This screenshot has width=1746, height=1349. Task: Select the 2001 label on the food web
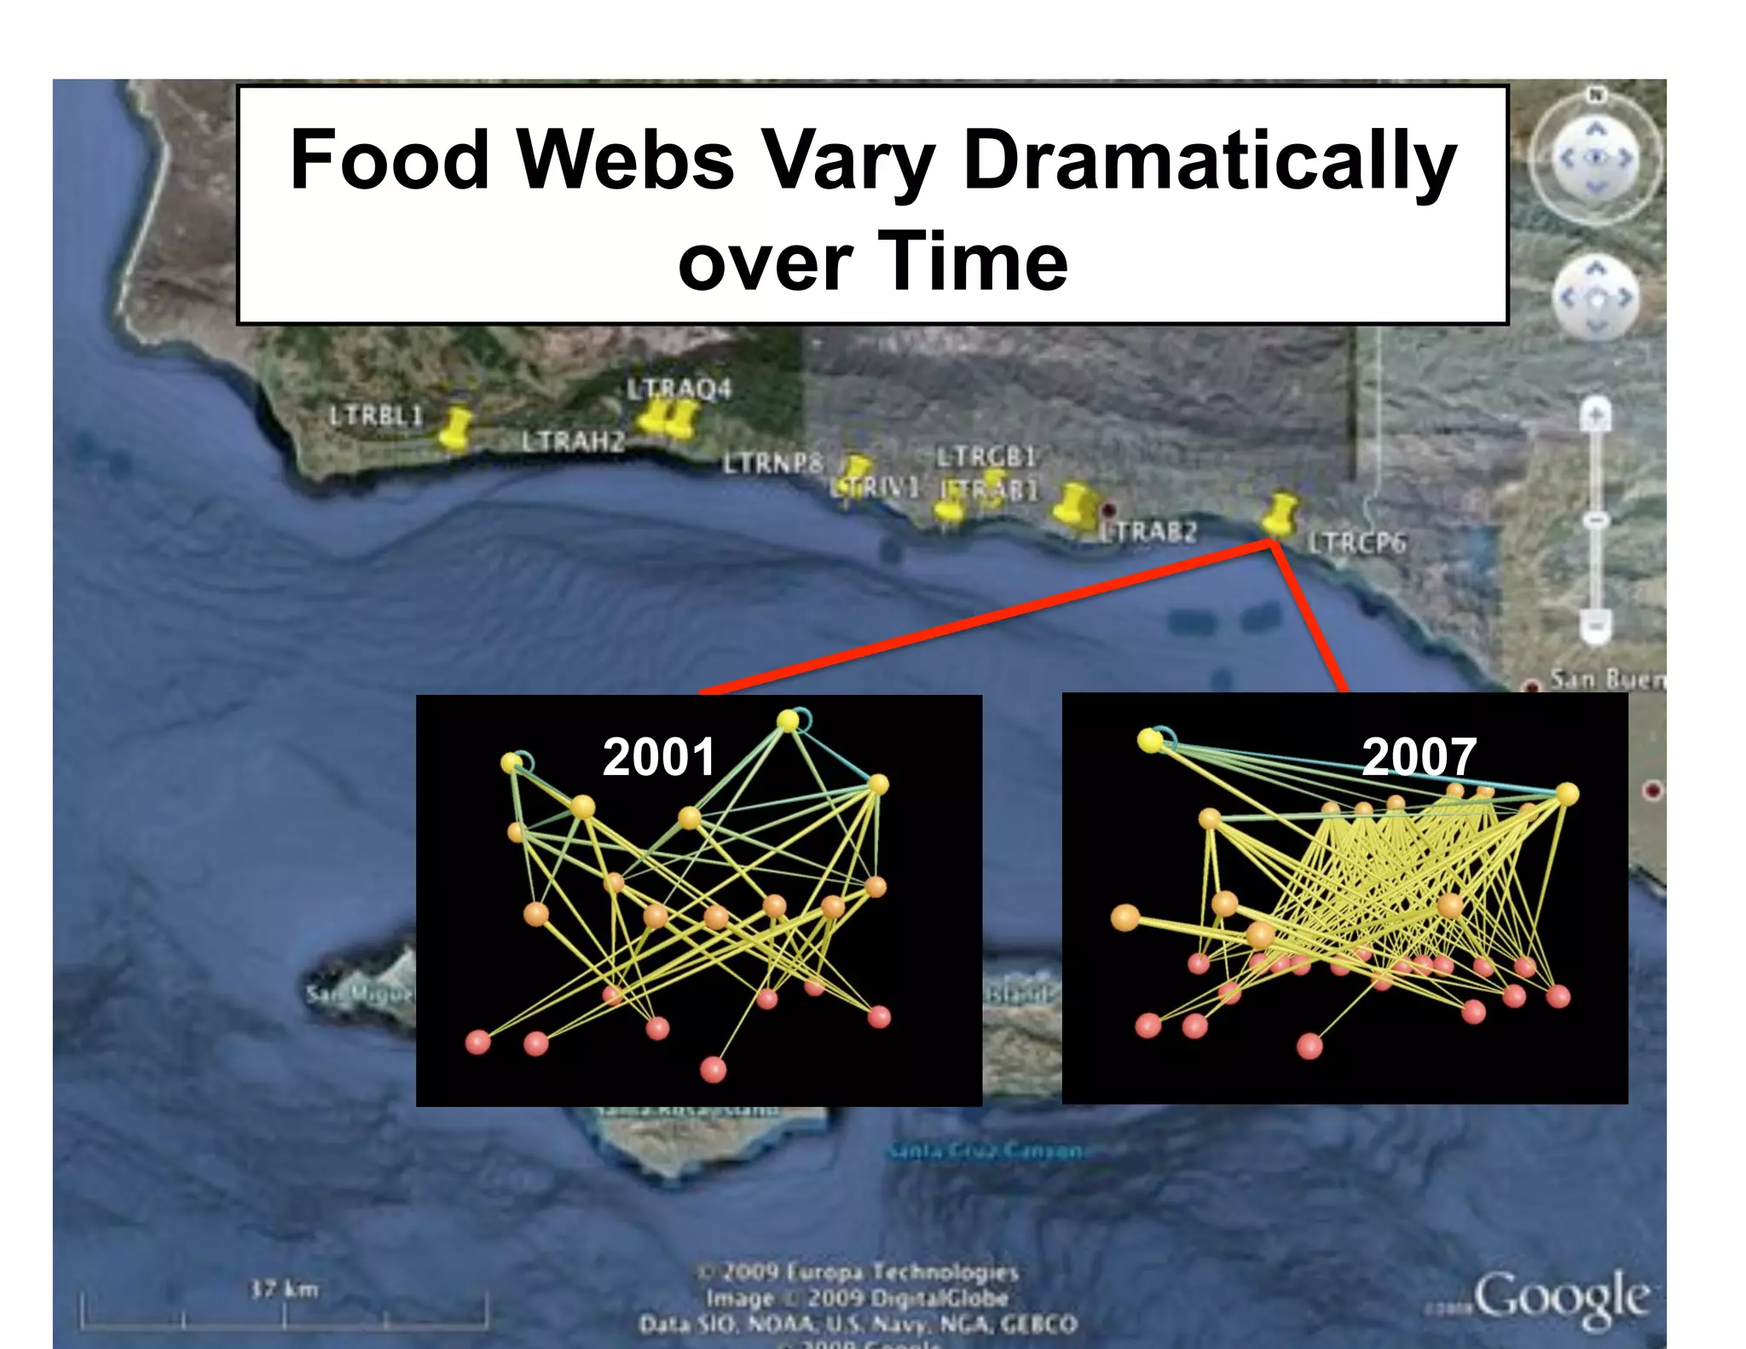pyautogui.click(x=658, y=757)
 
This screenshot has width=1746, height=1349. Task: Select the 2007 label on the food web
pyautogui.click(x=1419, y=756)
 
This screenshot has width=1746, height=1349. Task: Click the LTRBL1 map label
pyautogui.click(x=376, y=416)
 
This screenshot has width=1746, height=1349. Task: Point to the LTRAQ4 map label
pyautogui.click(x=679, y=389)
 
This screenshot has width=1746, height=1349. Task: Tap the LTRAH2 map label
pyautogui.click(x=573, y=442)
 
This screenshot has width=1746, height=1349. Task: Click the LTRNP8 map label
pyautogui.click(x=773, y=463)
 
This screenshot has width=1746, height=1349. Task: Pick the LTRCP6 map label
pyautogui.click(x=1357, y=543)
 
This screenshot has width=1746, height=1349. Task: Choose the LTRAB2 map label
pyautogui.click(x=1148, y=532)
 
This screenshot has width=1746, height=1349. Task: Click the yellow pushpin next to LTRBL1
pyautogui.click(x=456, y=426)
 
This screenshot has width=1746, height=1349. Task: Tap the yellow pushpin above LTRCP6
pyautogui.click(x=1279, y=514)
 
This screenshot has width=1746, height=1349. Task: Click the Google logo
pyautogui.click(x=1559, y=1297)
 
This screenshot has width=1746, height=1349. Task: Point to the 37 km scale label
pyautogui.click(x=284, y=1288)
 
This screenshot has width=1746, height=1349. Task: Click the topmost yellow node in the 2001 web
pyautogui.click(x=789, y=721)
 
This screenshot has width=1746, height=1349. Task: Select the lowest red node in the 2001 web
pyautogui.click(x=713, y=1068)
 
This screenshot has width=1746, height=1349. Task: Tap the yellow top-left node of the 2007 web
pyautogui.click(x=1150, y=740)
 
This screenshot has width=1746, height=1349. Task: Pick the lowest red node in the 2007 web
pyautogui.click(x=1309, y=1045)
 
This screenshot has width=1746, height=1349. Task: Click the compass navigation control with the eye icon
pyautogui.click(x=1596, y=159)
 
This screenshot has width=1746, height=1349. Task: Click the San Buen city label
pyautogui.click(x=1607, y=680)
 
